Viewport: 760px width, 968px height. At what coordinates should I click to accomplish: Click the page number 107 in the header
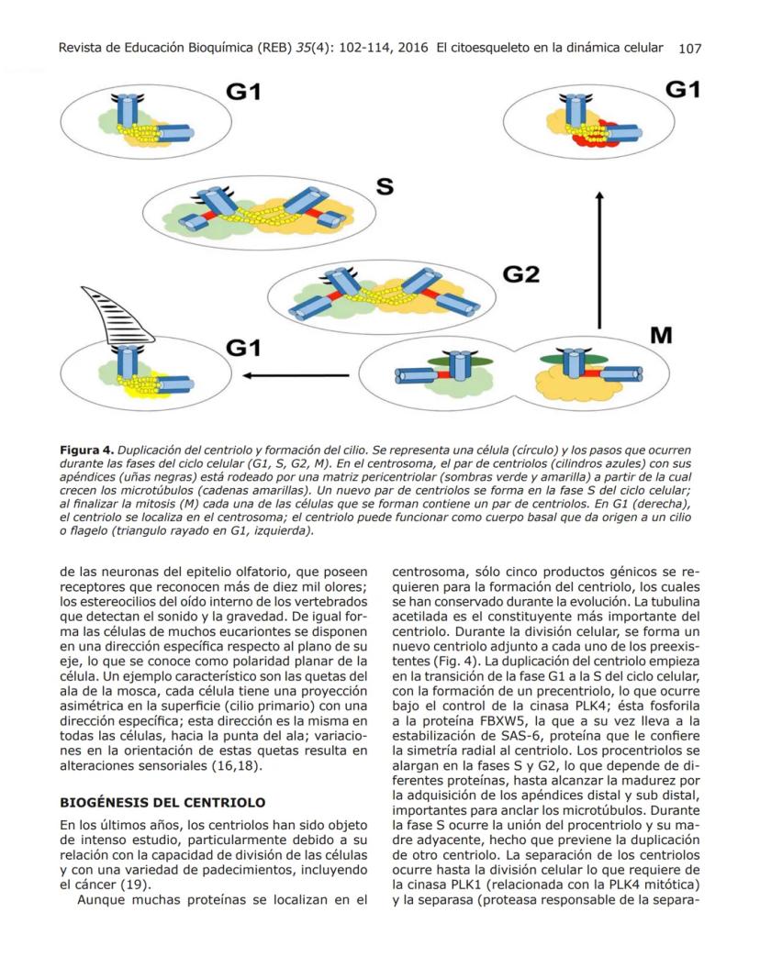[x=689, y=49]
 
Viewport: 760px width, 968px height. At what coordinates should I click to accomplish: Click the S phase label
[x=386, y=187]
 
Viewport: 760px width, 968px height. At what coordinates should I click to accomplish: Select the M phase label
[x=661, y=336]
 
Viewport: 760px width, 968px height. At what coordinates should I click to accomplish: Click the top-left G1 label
[x=245, y=93]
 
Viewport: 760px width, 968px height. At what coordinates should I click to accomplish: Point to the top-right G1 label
[x=683, y=90]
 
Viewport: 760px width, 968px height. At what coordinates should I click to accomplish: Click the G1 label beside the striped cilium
[x=245, y=348]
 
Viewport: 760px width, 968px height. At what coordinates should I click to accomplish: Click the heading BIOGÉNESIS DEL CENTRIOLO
[x=162, y=802]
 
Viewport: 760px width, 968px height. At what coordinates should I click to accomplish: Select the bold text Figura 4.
[x=87, y=451]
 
